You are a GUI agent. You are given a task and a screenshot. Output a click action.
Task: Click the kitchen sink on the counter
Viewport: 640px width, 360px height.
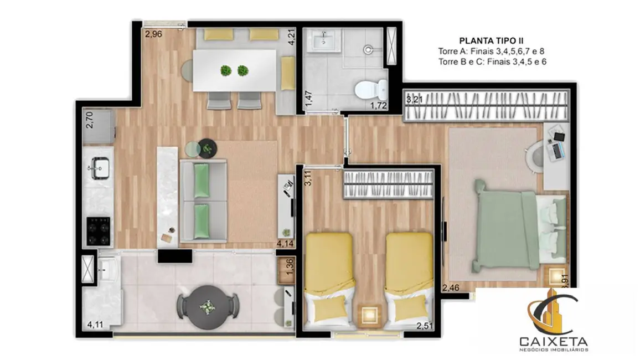tap(100, 167)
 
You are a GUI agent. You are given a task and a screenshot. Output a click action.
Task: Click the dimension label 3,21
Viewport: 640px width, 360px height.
tap(414, 100)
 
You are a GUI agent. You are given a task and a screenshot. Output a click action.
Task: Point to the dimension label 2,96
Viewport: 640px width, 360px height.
tap(153, 34)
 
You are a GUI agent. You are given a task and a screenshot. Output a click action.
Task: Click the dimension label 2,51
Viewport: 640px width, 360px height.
tap(424, 325)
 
